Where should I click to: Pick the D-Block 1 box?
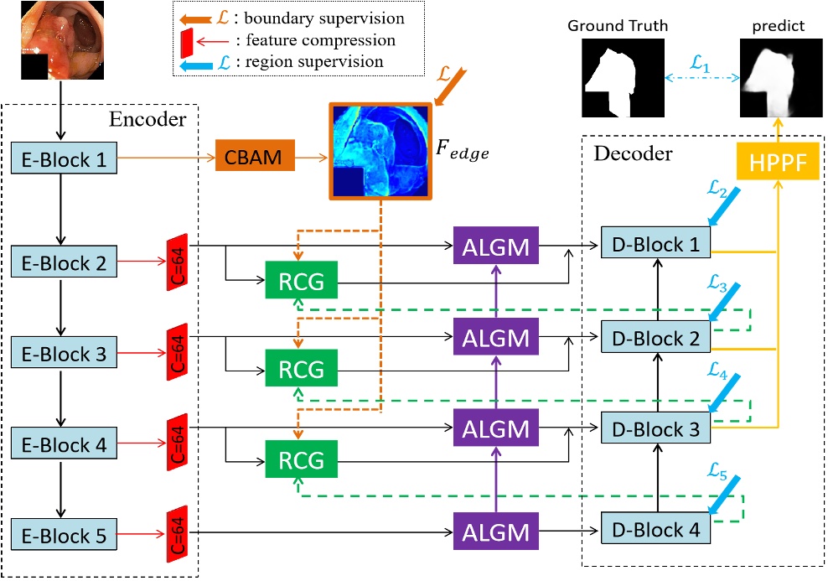[x=656, y=243]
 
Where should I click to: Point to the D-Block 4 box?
[x=656, y=530]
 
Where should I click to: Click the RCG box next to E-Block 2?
[x=300, y=280]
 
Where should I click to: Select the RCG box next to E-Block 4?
[x=300, y=459]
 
